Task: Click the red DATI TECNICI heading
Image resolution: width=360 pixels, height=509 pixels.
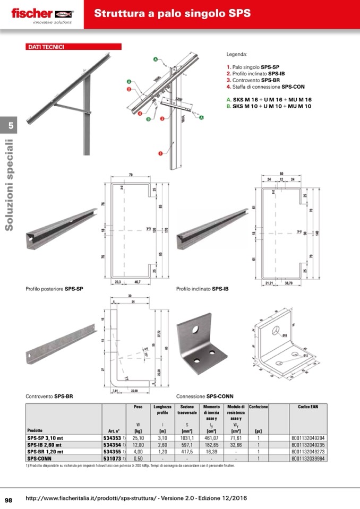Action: [46, 47]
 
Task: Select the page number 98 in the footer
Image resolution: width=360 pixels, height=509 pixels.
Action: [9, 499]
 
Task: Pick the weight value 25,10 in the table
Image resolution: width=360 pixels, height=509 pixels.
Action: [138, 438]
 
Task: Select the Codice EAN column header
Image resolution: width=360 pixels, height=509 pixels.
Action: [307, 407]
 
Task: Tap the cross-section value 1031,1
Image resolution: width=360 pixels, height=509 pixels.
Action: [187, 438]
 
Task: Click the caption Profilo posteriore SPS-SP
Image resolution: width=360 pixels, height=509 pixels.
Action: [54, 289]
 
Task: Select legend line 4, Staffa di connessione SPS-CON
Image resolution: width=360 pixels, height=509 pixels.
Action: [265, 87]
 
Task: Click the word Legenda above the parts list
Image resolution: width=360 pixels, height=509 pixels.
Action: [237, 54]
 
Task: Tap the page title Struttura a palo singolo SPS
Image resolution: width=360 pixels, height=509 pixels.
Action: [173, 14]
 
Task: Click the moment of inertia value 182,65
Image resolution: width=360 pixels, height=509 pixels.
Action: [212, 445]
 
